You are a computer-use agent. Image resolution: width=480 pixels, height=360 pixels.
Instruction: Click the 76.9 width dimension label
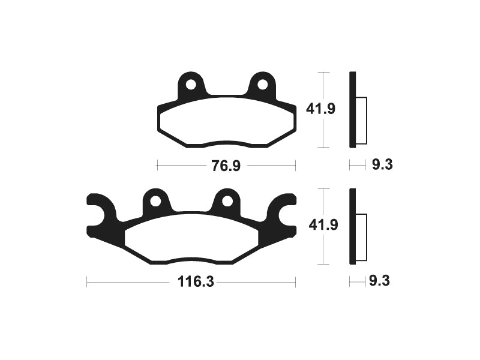(x=226, y=165)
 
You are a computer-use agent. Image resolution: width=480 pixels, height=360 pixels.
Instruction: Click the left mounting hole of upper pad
(x=191, y=85)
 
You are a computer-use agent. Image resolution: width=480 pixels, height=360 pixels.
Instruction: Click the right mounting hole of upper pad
(x=262, y=85)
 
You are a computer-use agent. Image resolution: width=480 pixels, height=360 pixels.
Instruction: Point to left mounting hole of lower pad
(x=155, y=201)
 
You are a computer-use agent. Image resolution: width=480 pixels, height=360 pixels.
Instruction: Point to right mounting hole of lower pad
(x=227, y=201)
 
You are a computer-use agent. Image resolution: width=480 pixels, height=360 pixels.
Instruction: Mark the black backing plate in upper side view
(x=353, y=109)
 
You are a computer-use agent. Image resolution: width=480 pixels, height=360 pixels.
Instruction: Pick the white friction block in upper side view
(x=361, y=120)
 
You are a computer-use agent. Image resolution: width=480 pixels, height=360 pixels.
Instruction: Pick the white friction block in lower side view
(x=361, y=237)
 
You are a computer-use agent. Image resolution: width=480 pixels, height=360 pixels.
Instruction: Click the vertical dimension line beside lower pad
(x=324, y=252)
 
